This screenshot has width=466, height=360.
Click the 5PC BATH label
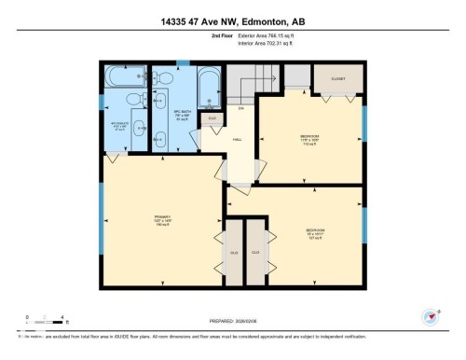point(183,117)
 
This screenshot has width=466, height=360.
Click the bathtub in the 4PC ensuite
point(123,77)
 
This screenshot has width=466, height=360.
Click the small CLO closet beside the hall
point(212,118)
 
